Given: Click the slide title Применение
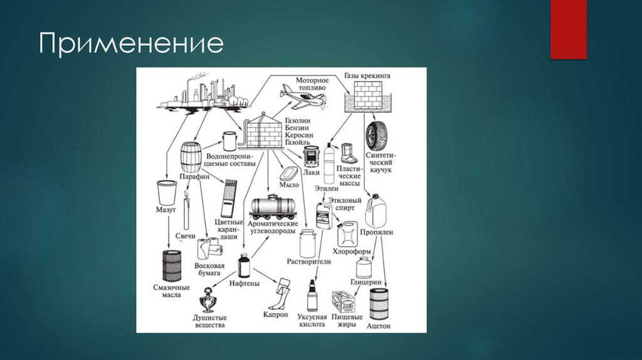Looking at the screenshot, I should pyautogui.click(x=132, y=45).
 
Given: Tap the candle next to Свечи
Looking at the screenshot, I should pyautogui.click(x=186, y=213).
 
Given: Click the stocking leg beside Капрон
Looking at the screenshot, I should pyautogui.click(x=283, y=293).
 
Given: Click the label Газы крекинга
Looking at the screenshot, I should pyautogui.click(x=367, y=76).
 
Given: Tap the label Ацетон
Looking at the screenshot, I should pyautogui.click(x=379, y=326).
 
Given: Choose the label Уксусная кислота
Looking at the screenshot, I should pyautogui.click(x=312, y=319).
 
